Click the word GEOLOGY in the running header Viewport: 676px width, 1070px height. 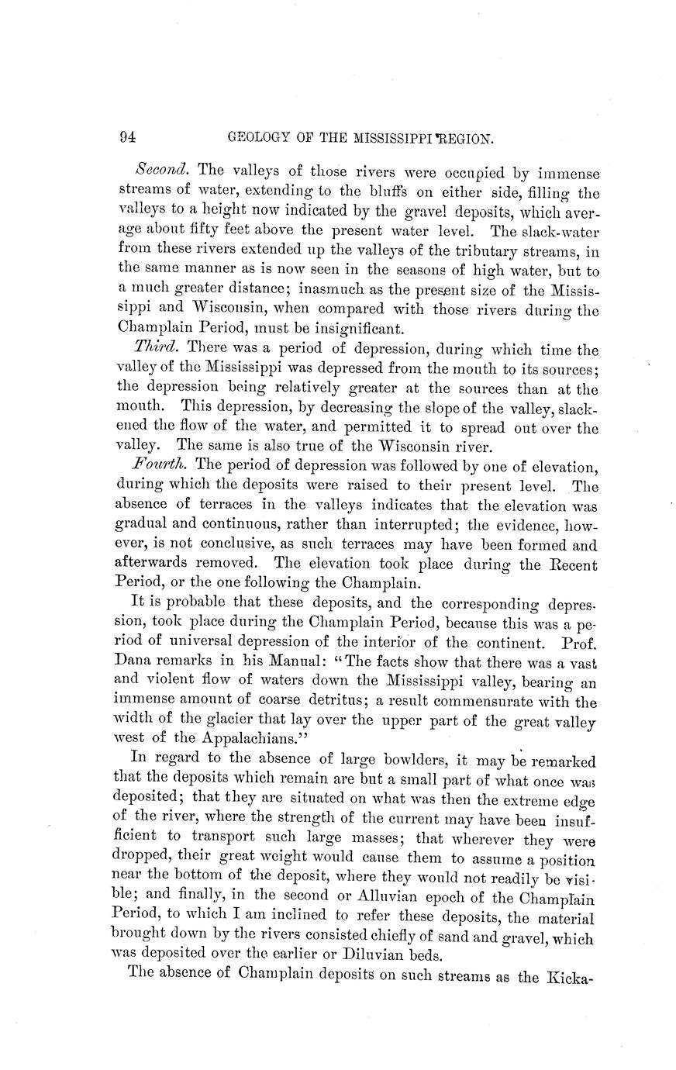[264, 139]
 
